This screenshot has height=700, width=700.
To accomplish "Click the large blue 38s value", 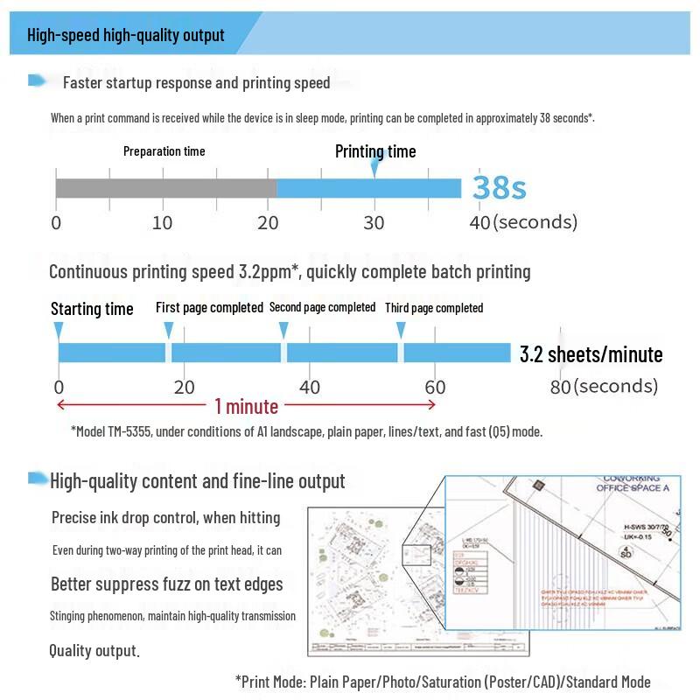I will tap(500, 187).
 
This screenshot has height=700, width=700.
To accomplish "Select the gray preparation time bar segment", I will tap(166, 188).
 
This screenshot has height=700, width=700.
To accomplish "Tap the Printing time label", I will tap(375, 151).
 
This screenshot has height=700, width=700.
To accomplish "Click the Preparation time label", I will tap(164, 151).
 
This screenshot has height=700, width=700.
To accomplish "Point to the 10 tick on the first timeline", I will tap(162, 222).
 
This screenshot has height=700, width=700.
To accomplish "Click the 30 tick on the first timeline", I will tap(374, 222).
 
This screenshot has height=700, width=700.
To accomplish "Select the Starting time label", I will tap(92, 309).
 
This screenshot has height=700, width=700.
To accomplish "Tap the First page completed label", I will tap(209, 307).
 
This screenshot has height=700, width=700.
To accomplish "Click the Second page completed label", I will tap(322, 307).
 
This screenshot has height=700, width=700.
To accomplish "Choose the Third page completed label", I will tap(434, 308).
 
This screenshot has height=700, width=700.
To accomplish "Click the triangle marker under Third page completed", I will tap(401, 330).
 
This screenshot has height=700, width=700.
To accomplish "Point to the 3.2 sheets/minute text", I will tap(591, 354).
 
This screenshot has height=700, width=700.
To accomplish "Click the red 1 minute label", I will tap(246, 406).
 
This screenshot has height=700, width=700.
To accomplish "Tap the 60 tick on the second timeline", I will tap(435, 387).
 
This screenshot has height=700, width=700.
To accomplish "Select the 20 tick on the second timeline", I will tap(184, 387).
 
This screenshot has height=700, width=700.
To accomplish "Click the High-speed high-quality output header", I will tap(126, 36).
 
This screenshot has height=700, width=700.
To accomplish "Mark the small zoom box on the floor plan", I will tap(416, 555).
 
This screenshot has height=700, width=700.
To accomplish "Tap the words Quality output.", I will tap(94, 651).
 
